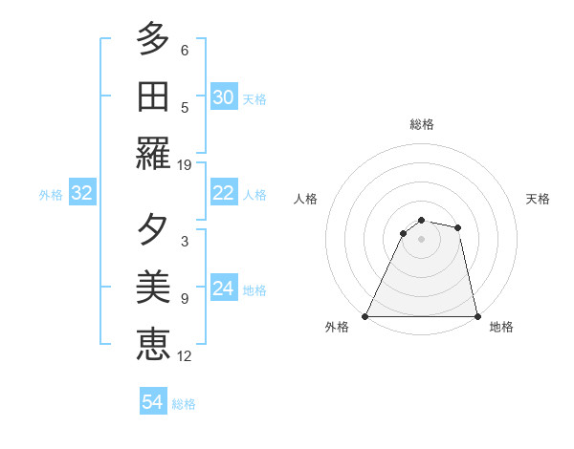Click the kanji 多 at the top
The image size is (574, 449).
click(x=152, y=40)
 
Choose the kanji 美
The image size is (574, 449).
click(x=152, y=287)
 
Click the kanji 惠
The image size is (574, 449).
click(x=152, y=341)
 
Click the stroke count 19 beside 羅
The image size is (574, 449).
click(x=185, y=164)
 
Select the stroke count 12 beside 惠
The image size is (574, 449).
click(x=185, y=356)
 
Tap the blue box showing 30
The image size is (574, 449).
click(x=223, y=96)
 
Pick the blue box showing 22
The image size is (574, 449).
click(x=223, y=193)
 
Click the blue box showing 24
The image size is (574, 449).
click(x=223, y=289)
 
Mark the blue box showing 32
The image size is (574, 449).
click(x=81, y=193)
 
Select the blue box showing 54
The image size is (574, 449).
click(x=153, y=402)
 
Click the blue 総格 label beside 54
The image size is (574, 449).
click(x=184, y=404)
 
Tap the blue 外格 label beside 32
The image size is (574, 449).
click(x=51, y=195)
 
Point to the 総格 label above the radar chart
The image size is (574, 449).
click(x=421, y=124)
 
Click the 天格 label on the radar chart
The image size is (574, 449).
click(x=538, y=200)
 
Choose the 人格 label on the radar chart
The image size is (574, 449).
click(x=305, y=200)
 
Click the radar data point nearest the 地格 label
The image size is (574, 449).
click(x=476, y=315)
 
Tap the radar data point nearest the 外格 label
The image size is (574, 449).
click(x=365, y=315)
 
